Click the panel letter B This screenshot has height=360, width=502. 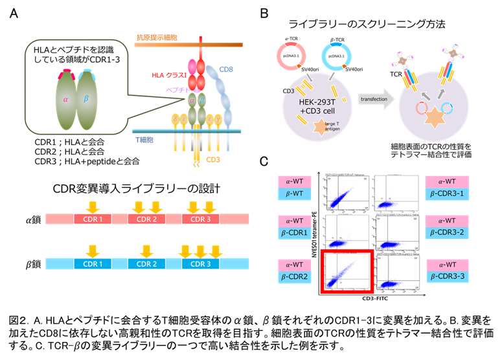point(262,12)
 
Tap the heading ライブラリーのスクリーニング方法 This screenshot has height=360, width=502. point(367,25)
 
